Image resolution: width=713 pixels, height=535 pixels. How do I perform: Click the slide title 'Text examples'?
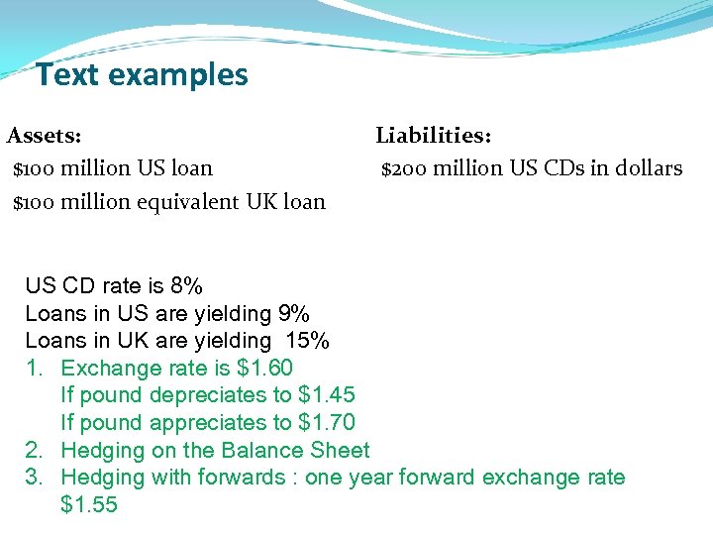[x=142, y=74]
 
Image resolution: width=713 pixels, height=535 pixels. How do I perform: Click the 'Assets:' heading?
[x=45, y=134]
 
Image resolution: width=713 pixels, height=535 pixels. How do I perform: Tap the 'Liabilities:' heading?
[x=434, y=134]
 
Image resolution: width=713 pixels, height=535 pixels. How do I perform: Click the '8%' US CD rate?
[x=186, y=287]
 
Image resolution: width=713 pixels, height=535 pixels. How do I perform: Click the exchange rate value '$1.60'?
[x=265, y=369]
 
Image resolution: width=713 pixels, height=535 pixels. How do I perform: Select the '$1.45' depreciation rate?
[x=327, y=395]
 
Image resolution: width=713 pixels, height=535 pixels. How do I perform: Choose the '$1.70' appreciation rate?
[x=327, y=423]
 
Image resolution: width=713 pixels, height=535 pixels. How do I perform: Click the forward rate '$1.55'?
[x=89, y=505]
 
